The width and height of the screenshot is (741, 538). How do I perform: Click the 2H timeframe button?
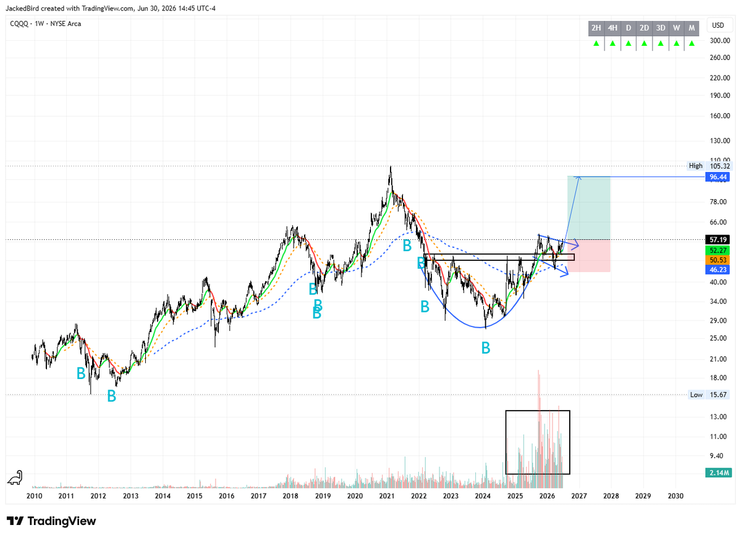(596, 28)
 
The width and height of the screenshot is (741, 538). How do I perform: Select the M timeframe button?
(692, 28)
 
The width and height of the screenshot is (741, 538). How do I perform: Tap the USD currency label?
(718, 25)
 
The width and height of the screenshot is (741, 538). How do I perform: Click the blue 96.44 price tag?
(718, 177)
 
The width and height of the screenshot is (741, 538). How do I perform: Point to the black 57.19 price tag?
(718, 240)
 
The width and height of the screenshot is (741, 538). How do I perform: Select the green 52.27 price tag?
(718, 250)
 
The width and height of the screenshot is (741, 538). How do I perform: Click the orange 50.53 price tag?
(718, 260)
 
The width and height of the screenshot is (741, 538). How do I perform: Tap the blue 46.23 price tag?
(718, 270)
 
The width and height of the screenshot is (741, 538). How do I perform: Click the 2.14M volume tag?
(718, 472)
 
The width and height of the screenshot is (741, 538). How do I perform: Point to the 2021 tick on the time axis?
(387, 496)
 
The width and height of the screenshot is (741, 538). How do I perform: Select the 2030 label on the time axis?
(675, 496)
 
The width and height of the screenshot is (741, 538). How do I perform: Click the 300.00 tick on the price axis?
(720, 41)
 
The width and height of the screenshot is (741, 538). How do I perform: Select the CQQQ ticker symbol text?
(19, 23)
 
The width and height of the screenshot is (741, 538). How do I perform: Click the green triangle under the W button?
(676, 43)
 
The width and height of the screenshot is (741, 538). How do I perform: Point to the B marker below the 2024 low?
(485, 348)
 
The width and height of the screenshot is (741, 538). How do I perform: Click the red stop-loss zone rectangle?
(589, 256)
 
